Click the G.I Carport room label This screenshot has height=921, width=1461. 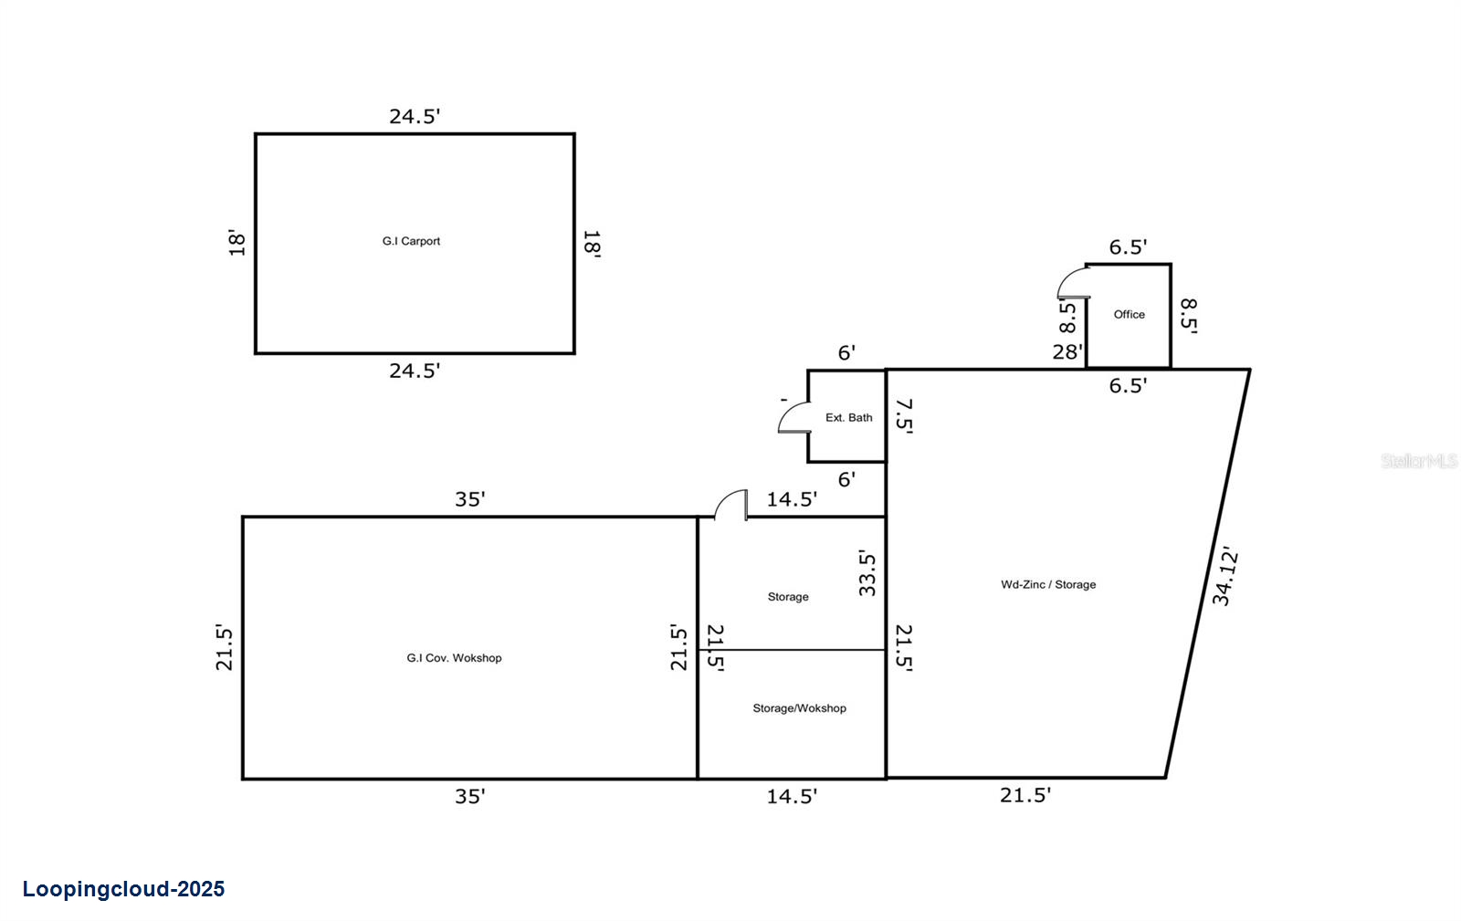coord(411,241)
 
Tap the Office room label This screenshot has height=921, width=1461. coord(1129,314)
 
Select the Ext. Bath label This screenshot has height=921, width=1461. coord(848,417)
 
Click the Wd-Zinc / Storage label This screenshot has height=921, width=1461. coord(1048,584)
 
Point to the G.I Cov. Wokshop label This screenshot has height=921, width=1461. coord(454,657)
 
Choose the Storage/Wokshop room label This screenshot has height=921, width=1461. coord(799,707)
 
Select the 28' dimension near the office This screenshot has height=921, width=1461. coord(1067,351)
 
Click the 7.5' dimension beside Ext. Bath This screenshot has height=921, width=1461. coord(903,414)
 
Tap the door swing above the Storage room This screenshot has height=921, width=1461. coord(731,505)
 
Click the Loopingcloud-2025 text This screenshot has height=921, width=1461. coord(123,889)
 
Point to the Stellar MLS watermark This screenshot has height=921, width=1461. coord(1419,461)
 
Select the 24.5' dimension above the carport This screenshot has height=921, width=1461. coord(415,116)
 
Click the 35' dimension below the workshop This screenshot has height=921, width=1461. coord(470,796)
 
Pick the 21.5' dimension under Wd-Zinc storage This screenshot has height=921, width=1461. coord(1025,795)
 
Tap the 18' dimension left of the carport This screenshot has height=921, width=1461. coord(237,243)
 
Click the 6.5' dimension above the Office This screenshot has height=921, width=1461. coord(1128,246)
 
